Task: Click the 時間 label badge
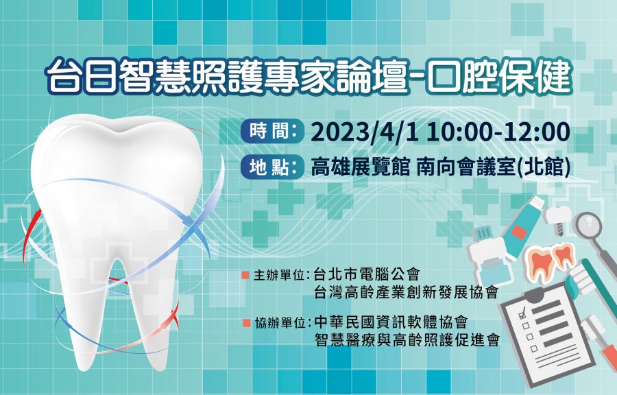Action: [x=273, y=132]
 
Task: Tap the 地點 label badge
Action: [x=273, y=169]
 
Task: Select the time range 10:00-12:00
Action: [x=498, y=132]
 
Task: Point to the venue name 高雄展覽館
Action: [x=361, y=169]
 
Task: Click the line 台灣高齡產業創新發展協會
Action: [x=406, y=292]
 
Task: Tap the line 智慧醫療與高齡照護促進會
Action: [x=407, y=340]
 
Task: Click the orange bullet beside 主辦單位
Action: [x=246, y=274]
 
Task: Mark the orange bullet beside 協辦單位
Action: [x=246, y=323]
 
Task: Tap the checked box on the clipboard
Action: [x=522, y=314]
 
